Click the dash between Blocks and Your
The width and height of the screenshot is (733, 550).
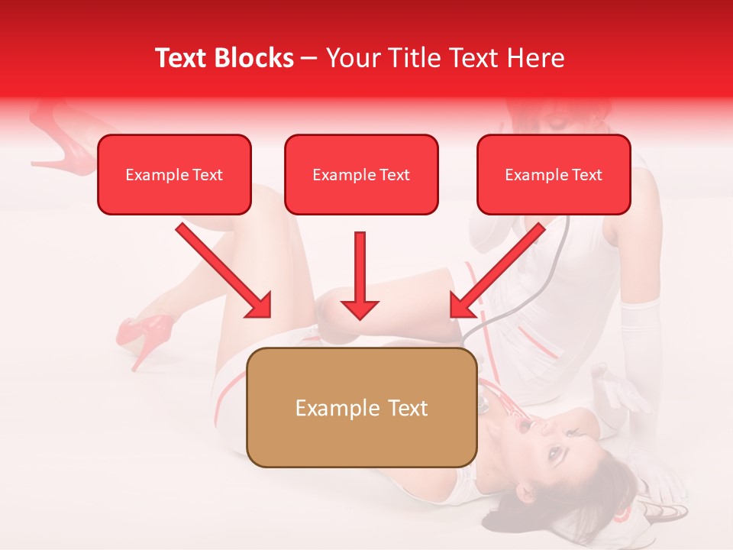click(x=309, y=59)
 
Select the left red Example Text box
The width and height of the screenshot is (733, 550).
click(x=174, y=174)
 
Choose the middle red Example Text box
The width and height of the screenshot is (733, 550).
click(x=361, y=174)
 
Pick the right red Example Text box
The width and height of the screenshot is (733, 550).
click(x=554, y=174)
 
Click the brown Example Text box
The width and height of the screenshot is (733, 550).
click(x=361, y=407)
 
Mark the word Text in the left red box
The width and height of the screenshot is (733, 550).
click(x=207, y=175)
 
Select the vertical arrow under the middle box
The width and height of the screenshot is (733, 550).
click(x=360, y=275)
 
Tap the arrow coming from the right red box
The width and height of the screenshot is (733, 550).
click(x=498, y=270)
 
